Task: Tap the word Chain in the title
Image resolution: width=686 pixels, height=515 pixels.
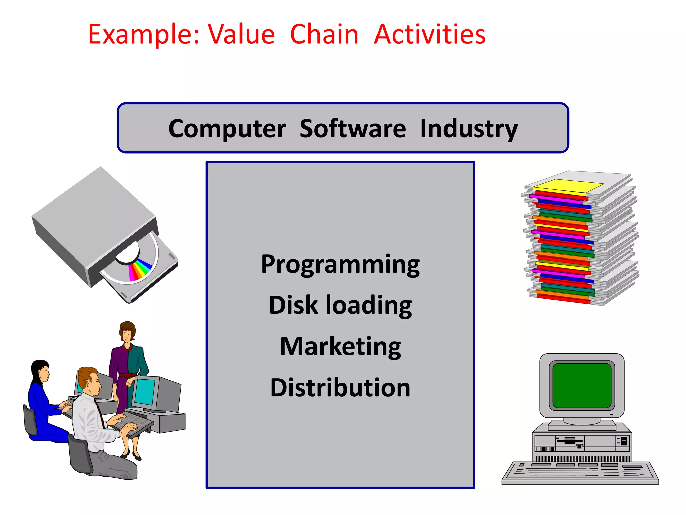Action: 324,35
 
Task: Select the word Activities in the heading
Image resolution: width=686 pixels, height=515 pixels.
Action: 429,35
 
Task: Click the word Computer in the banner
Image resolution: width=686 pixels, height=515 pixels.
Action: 227,129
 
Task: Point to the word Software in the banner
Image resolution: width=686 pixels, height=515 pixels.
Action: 352,129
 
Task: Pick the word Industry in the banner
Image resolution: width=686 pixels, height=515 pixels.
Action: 469,129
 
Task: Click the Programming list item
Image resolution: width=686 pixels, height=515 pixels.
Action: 340,265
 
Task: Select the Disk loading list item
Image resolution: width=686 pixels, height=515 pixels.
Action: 340,306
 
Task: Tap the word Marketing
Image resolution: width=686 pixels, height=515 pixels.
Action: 340,347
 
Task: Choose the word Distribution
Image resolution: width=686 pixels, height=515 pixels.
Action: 340,388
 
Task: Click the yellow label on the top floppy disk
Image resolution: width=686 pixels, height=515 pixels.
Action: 568,186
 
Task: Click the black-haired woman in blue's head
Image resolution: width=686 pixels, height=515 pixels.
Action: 41,370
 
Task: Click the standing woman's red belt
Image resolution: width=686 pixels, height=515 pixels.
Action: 128,375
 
